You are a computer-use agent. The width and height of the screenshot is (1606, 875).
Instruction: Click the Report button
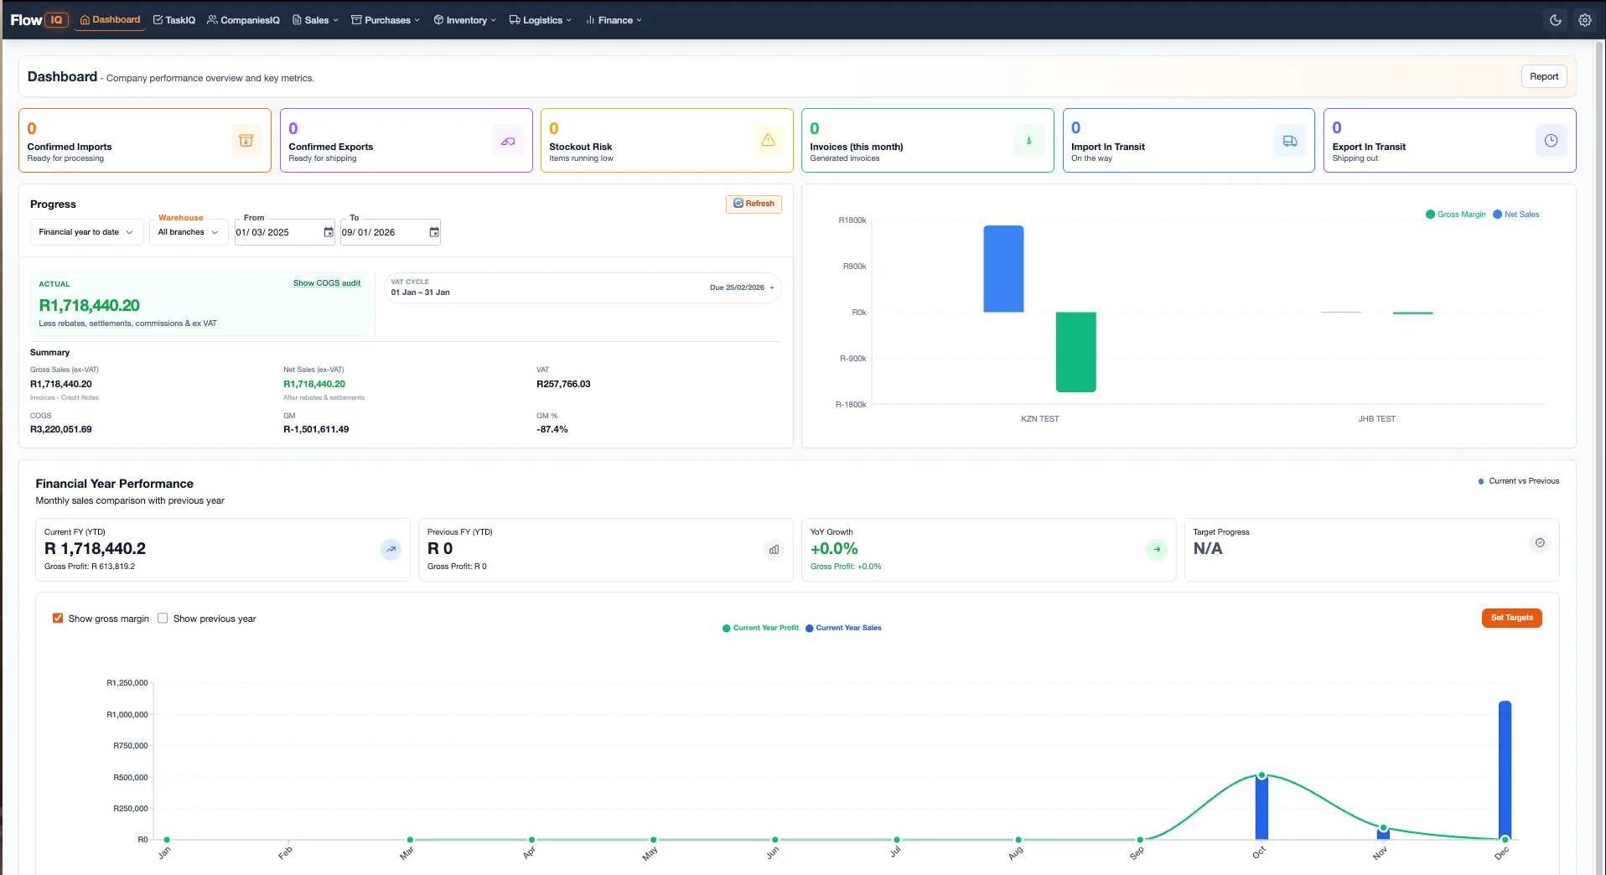(1543, 76)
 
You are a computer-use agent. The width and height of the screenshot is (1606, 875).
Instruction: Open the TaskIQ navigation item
(174, 20)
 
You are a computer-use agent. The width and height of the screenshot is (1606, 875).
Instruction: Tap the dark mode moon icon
(1555, 20)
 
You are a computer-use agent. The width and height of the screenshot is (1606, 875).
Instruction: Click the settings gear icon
(1584, 20)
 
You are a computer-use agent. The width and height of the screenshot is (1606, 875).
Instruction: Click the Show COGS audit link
(327, 283)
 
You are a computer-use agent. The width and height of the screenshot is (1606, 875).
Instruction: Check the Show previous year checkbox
(163, 619)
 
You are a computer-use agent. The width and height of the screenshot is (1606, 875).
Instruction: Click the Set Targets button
(1511, 618)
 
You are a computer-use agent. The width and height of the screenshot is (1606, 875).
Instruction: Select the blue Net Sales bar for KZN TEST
(1003, 269)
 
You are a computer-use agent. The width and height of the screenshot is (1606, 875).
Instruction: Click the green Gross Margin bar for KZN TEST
(1075, 352)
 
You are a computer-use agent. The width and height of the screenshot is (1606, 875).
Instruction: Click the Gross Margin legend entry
(1456, 215)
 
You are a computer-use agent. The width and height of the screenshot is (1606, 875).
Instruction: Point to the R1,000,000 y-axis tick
(127, 715)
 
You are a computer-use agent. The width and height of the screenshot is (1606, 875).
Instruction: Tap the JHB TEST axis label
(1376, 418)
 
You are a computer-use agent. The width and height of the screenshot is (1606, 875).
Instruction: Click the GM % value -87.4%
(552, 429)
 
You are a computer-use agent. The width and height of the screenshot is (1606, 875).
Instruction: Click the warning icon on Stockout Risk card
(768, 141)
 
